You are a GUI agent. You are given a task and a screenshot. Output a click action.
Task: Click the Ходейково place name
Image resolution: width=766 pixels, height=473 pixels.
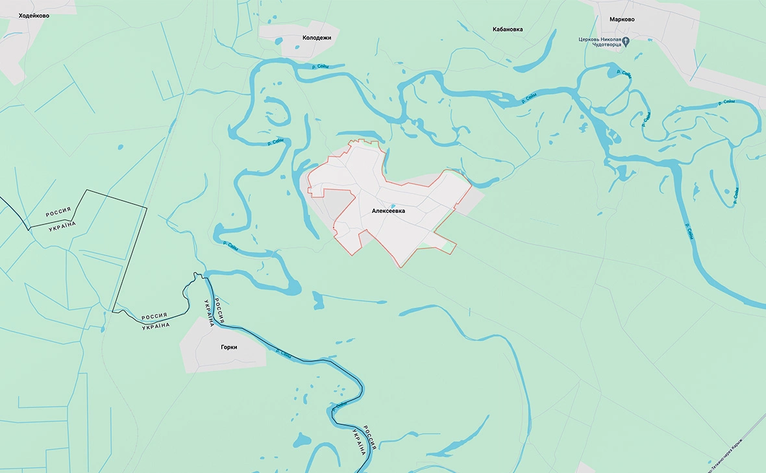tap(34, 15)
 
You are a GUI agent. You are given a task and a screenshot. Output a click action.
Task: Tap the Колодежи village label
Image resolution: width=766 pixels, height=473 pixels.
tap(317, 38)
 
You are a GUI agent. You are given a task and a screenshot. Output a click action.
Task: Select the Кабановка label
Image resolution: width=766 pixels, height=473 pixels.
tap(508, 29)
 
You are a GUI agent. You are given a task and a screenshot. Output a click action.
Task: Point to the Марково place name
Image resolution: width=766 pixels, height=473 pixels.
tap(622, 19)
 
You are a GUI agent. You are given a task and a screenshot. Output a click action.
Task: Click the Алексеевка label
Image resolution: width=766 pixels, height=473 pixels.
tap(388, 211)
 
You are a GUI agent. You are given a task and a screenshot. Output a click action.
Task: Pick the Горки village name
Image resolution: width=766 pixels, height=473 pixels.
tap(229, 347)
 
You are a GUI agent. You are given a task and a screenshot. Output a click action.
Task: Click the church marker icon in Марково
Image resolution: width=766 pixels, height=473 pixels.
tap(626, 42)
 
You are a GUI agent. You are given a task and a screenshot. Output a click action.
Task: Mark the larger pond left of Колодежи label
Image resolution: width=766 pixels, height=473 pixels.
tap(277, 42)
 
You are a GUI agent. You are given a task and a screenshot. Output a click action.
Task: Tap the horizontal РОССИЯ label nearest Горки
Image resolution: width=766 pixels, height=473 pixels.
tap(154, 317)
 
